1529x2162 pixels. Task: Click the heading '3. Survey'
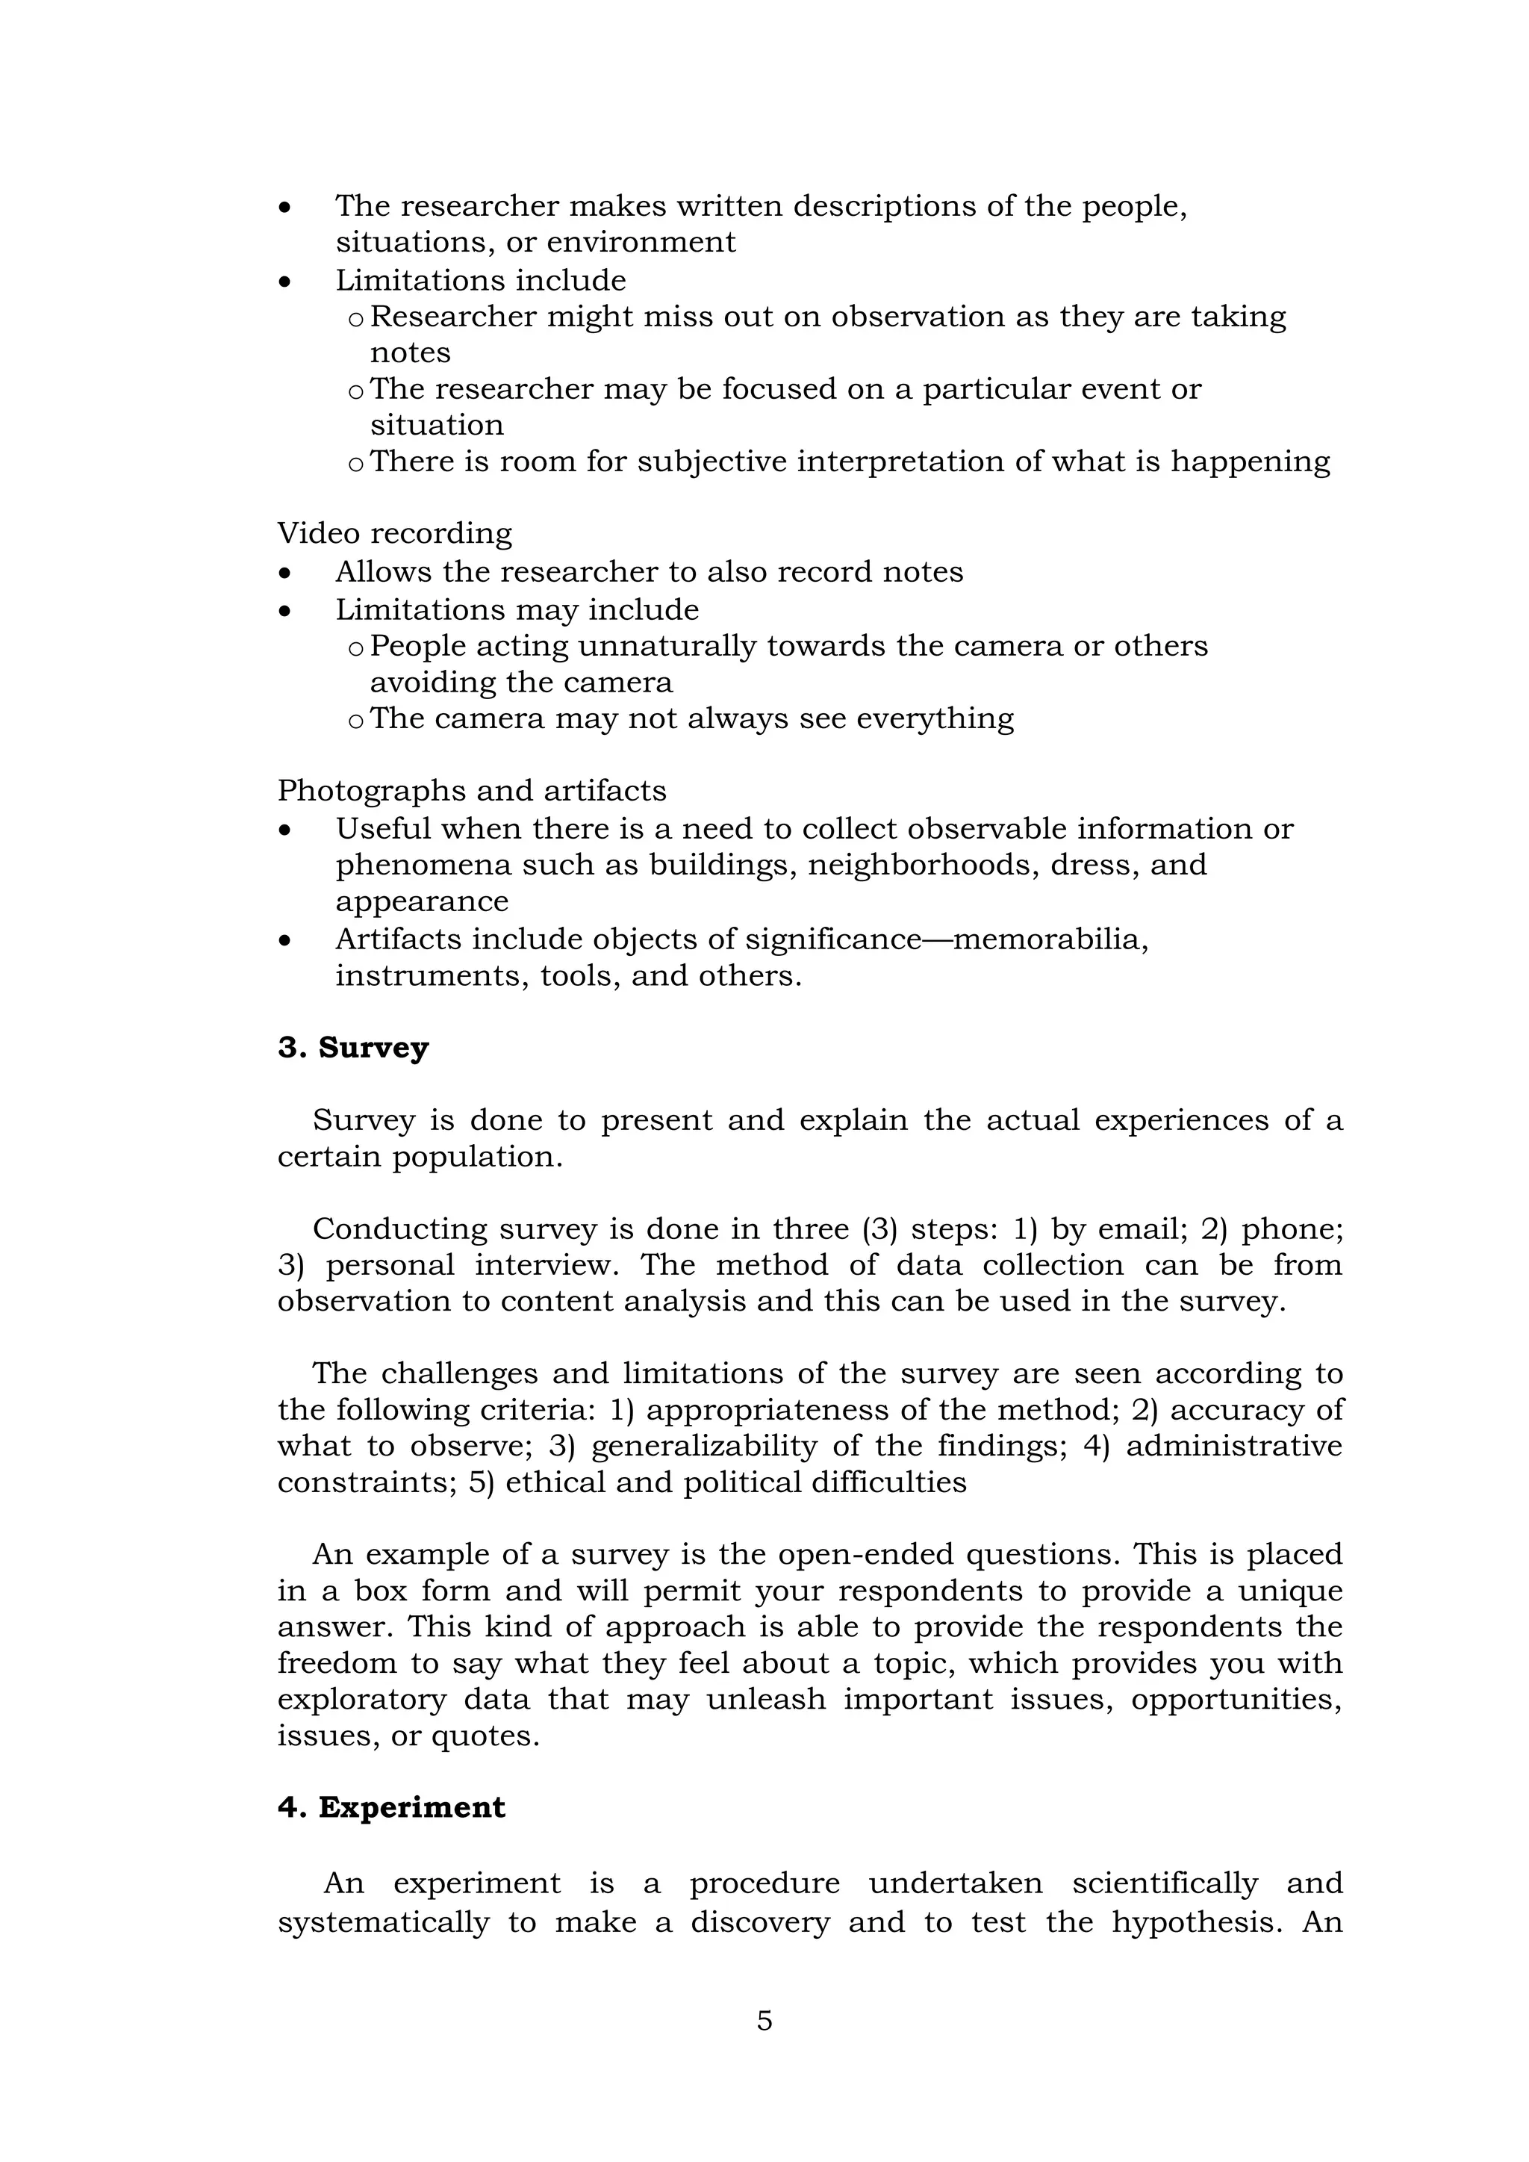pyautogui.click(x=353, y=1048)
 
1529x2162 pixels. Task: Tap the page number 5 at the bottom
pyautogui.click(x=764, y=2020)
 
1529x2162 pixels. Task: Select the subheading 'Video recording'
pyautogui.click(x=394, y=534)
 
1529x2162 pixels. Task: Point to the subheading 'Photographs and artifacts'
pyautogui.click(x=472, y=791)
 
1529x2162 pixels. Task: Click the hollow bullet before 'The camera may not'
pyautogui.click(x=355, y=721)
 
